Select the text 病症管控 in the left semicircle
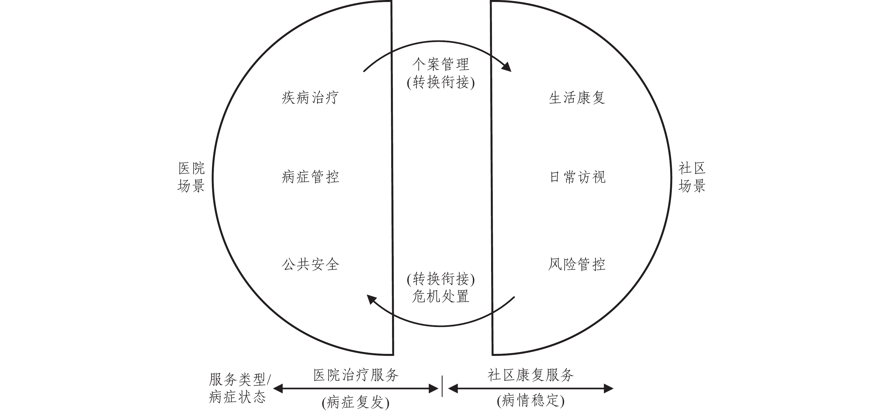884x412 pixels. (x=310, y=177)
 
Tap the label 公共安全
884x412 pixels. (x=310, y=264)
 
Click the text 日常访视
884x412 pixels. (x=578, y=177)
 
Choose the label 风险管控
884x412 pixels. (x=577, y=264)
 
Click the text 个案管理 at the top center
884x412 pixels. (x=441, y=64)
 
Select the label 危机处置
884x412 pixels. (x=441, y=296)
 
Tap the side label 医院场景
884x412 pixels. (x=191, y=177)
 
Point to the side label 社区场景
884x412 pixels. (x=692, y=177)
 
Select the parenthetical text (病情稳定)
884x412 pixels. (x=530, y=401)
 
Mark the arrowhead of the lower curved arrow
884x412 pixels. (x=371, y=299)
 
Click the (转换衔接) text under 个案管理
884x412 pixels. (x=441, y=83)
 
